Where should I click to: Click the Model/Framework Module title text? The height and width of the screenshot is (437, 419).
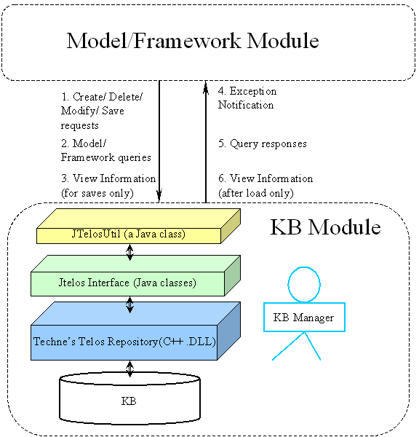(193, 41)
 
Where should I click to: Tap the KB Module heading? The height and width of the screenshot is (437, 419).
(325, 227)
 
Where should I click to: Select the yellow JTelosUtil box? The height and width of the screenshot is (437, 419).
(138, 226)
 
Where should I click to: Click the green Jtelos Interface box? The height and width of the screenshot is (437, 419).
(135, 275)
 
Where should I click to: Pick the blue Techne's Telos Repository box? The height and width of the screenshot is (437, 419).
(135, 331)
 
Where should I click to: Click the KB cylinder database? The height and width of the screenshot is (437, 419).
(129, 397)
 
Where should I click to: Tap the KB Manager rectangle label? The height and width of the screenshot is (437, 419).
(304, 317)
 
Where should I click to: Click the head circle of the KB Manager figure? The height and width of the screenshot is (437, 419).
(304, 284)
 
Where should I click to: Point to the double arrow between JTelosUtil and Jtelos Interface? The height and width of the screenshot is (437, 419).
(129, 252)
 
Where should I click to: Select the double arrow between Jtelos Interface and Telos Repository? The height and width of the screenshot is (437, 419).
(129, 304)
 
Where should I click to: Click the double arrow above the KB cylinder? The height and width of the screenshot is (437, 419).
(129, 369)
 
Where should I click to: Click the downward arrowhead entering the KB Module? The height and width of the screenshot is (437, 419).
(159, 196)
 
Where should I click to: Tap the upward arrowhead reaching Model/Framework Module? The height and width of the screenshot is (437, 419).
(206, 87)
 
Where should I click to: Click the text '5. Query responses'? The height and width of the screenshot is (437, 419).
(263, 143)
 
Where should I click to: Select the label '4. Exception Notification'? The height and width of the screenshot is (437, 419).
(247, 98)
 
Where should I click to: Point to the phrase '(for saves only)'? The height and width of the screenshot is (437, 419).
(97, 193)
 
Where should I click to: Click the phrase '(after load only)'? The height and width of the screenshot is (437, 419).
(256, 193)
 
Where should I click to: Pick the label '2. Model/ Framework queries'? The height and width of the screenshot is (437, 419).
(106, 151)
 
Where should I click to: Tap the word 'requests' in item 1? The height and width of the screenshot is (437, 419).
(79, 126)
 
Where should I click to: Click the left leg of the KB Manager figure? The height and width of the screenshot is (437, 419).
(288, 346)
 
